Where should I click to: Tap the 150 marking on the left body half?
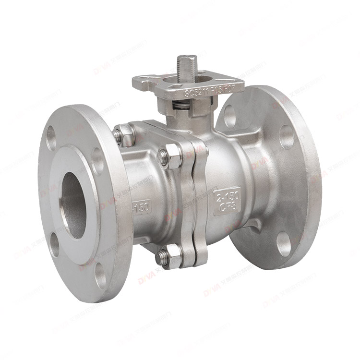tap(141, 208)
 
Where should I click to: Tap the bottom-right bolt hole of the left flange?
tap(101, 276)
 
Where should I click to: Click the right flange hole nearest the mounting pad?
tap(229, 116)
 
